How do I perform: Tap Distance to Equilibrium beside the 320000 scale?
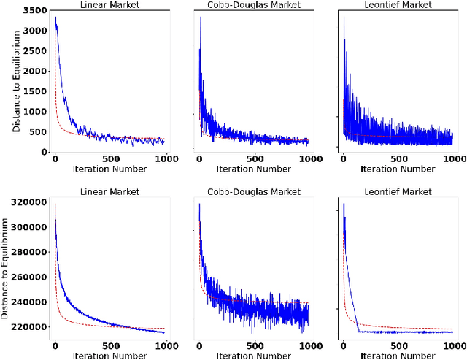(x=6, y=268)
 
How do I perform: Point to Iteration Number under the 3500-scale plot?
(x=110, y=170)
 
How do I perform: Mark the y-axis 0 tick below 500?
(x=44, y=152)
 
